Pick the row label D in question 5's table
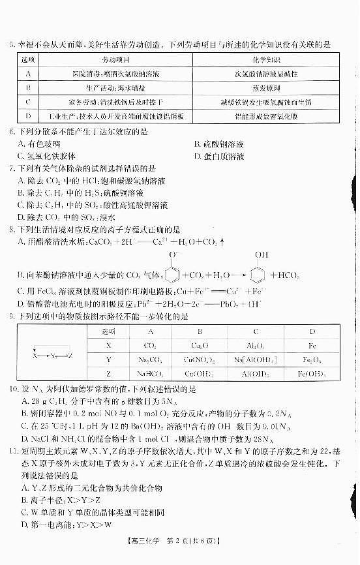[29, 117]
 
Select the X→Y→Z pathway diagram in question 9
[52, 356]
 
